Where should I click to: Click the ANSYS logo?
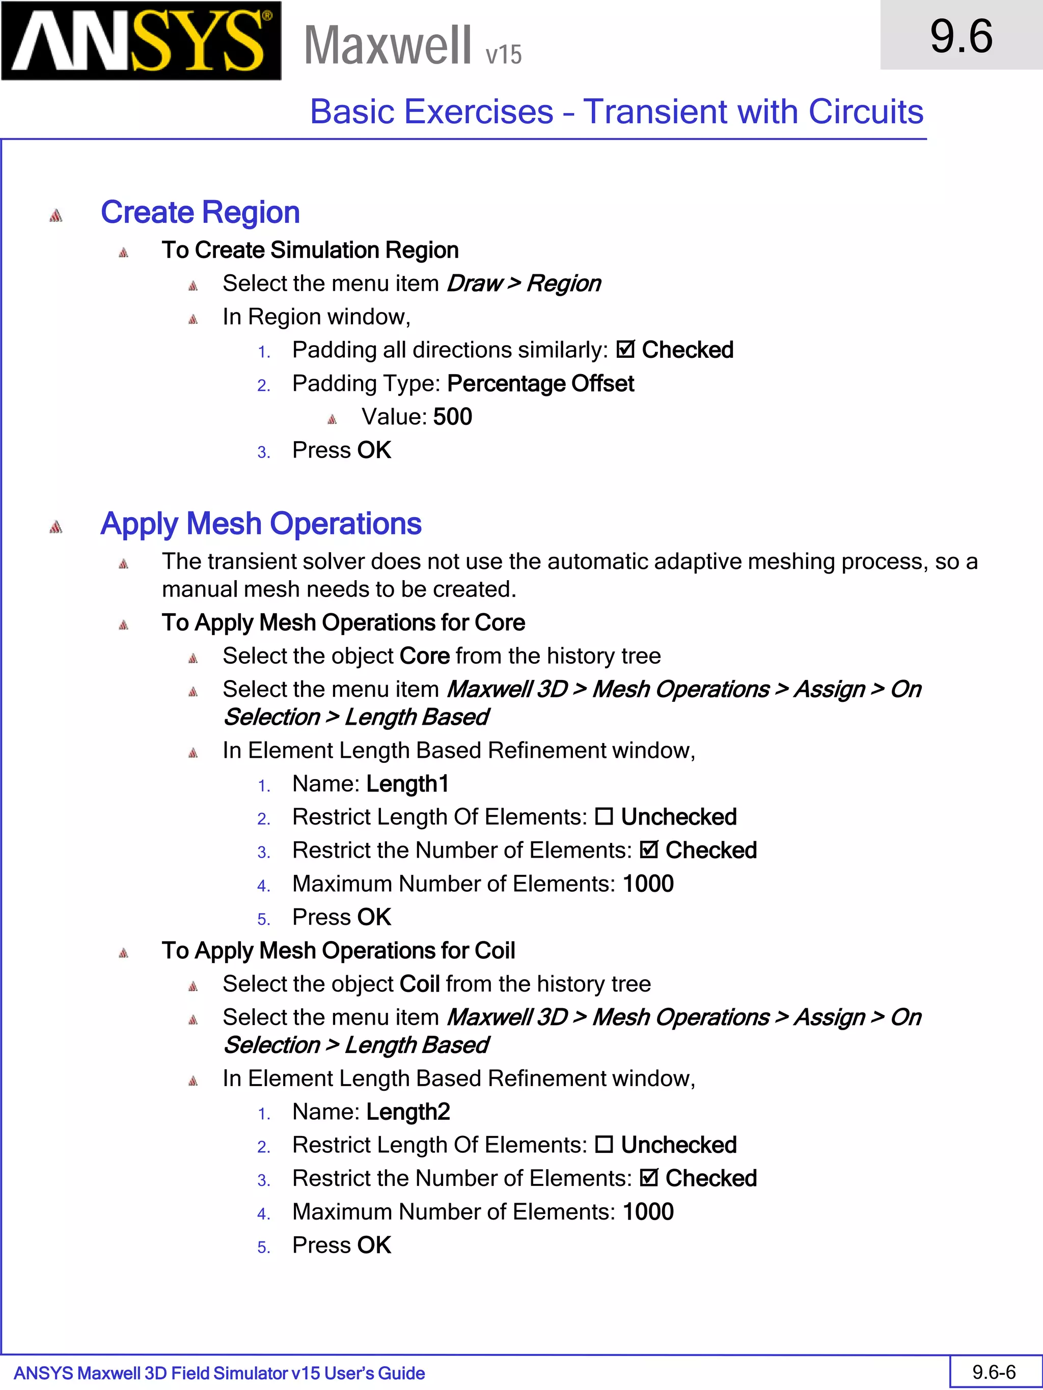pyautogui.click(x=141, y=41)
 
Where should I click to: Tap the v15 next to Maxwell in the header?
pyautogui.click(x=503, y=54)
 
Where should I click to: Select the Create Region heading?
pyautogui.click(x=200, y=212)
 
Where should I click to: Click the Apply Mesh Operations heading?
pyautogui.click(x=260, y=523)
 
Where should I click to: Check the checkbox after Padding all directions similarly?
pyautogui.click(x=625, y=349)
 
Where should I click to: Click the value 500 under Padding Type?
pyautogui.click(x=452, y=417)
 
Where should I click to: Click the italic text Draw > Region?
pyautogui.click(x=523, y=283)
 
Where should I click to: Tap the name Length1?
pyautogui.click(x=407, y=784)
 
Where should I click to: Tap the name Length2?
pyautogui.click(x=407, y=1112)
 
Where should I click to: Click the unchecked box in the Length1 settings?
pyautogui.click(x=603, y=817)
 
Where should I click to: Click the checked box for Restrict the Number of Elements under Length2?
pyautogui.click(x=648, y=1178)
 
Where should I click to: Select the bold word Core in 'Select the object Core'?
pyautogui.click(x=424, y=656)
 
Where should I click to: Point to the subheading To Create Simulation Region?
pyautogui.click(x=310, y=250)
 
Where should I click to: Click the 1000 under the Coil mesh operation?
pyautogui.click(x=648, y=1211)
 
